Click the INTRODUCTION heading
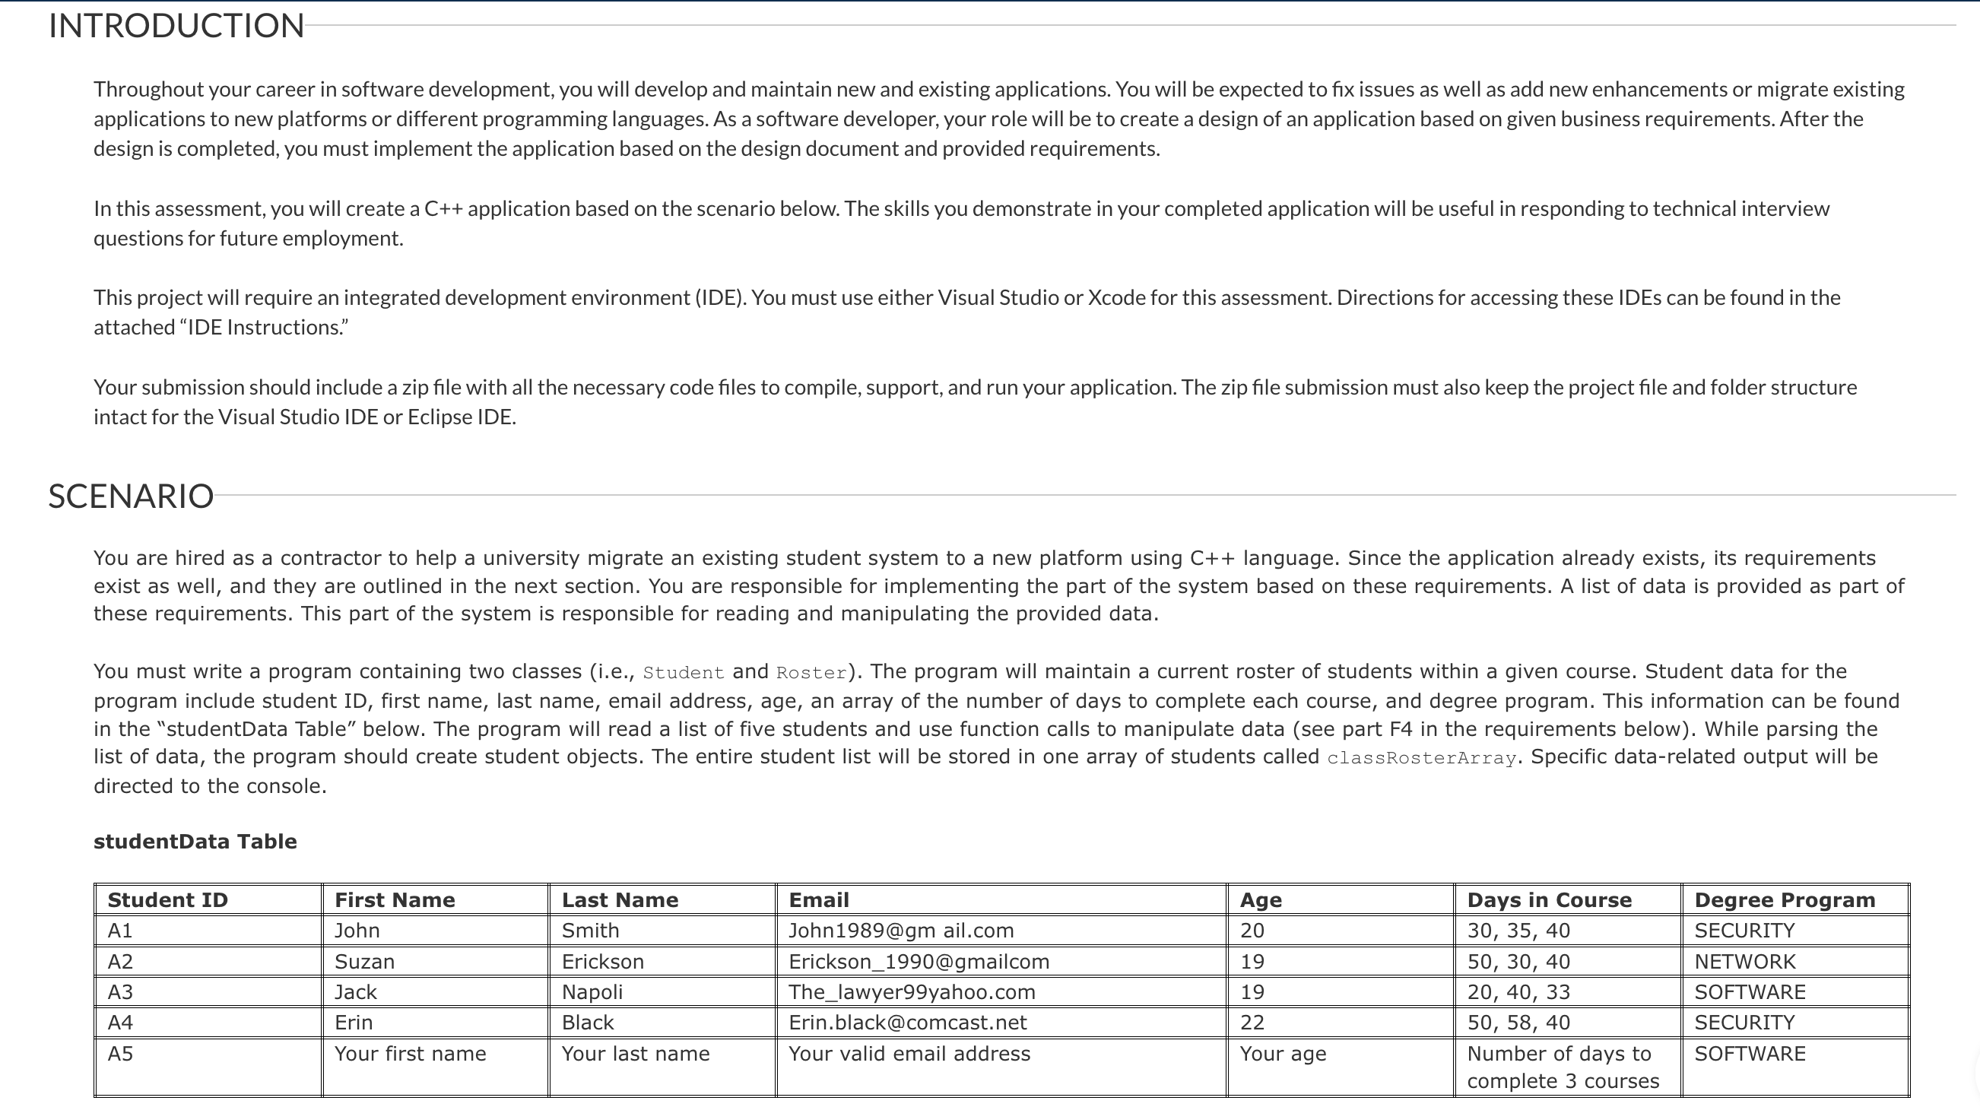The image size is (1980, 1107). coord(176,26)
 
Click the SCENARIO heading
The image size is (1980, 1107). coord(131,496)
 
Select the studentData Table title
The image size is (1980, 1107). coord(195,842)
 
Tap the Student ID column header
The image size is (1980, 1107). coord(167,900)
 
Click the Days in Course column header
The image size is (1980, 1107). coord(1549,900)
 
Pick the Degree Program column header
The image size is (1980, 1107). coord(1785,900)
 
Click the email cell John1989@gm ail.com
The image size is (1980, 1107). coord(901,931)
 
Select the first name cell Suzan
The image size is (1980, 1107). coord(364,962)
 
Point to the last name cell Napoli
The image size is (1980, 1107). coord(592,992)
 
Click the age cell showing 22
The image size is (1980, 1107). coord(1252,1023)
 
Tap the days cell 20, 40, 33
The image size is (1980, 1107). coord(1518,992)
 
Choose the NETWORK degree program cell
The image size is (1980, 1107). coord(1745,962)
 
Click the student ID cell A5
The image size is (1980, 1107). coord(121,1054)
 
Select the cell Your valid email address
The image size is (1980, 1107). coord(909,1054)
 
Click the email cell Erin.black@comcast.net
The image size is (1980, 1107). coord(907,1023)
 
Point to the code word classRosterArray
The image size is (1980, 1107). coord(1421,758)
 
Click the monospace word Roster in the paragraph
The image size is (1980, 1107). coord(811,673)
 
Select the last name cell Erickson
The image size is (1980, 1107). coord(603,962)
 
